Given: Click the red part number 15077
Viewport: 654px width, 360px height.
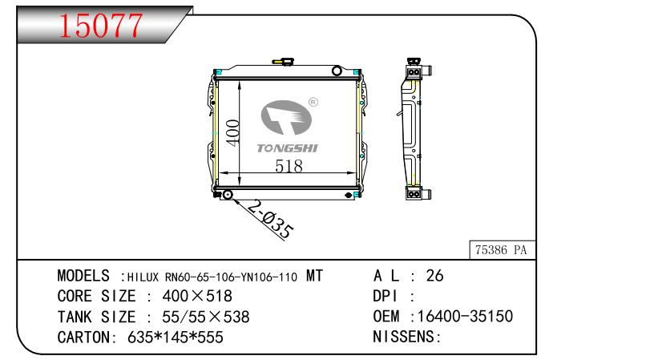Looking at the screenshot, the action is [x=100, y=26].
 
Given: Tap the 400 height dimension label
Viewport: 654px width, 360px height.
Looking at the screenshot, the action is [x=232, y=133].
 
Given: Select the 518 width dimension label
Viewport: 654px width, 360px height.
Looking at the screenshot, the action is [x=289, y=167].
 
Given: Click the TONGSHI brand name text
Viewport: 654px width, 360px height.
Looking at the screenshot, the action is [x=287, y=148].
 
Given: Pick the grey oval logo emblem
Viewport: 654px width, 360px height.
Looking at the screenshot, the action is [x=286, y=118].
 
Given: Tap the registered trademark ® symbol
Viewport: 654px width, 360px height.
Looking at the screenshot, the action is [x=313, y=102].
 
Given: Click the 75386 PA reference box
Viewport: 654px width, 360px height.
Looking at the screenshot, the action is [x=503, y=250].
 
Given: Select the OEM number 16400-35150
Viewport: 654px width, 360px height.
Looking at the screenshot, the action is [x=465, y=316].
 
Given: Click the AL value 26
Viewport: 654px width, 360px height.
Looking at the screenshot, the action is [x=434, y=276].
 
